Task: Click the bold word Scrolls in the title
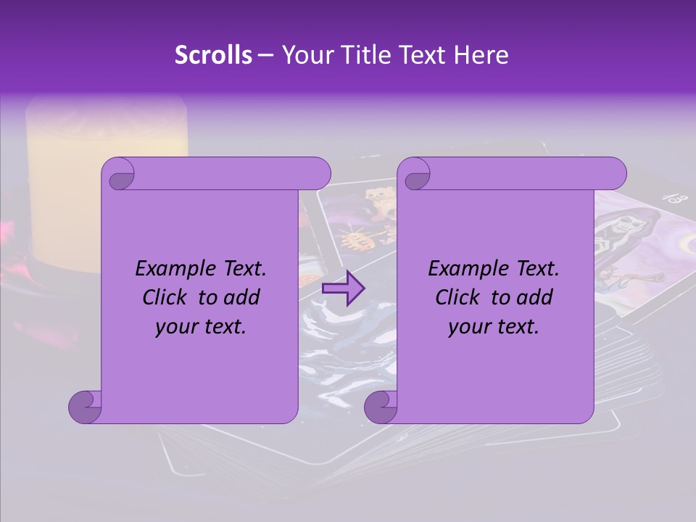(x=214, y=55)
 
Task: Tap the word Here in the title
(x=481, y=55)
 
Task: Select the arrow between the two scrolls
(x=343, y=289)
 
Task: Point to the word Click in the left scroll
(x=167, y=297)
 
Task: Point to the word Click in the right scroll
(x=460, y=297)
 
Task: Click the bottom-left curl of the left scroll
(x=85, y=406)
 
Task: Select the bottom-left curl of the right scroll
(x=381, y=406)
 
